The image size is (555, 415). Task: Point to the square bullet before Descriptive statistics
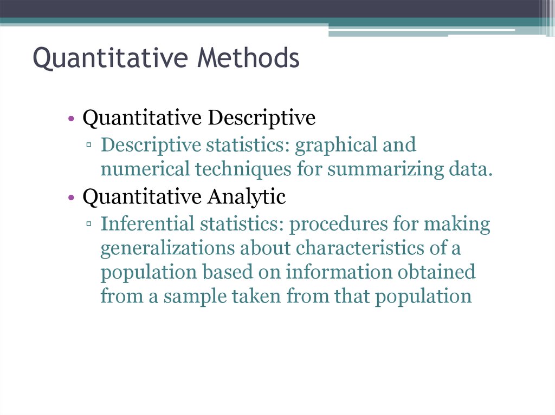click(88, 144)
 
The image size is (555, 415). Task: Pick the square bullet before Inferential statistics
click(88, 223)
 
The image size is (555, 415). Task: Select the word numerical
click(145, 169)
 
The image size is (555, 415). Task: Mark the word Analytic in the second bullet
click(247, 196)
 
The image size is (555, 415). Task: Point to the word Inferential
click(147, 224)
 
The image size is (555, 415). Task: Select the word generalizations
click(168, 249)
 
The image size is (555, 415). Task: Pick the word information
click(339, 272)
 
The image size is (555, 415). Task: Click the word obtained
click(436, 272)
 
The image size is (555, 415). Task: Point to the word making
click(457, 225)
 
